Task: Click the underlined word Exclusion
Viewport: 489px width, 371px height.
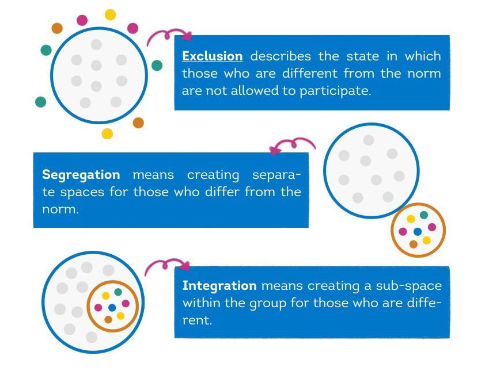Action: (x=213, y=56)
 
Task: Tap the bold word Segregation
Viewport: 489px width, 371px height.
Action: (x=81, y=175)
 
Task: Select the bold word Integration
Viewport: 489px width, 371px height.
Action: (x=219, y=286)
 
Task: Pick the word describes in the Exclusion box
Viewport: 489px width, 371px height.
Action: (x=280, y=56)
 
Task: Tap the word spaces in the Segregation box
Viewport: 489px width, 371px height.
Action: (x=82, y=193)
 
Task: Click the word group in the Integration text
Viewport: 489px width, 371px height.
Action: (x=268, y=303)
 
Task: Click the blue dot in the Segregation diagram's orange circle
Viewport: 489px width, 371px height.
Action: (x=418, y=231)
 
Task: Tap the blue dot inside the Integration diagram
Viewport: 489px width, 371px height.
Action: (x=112, y=308)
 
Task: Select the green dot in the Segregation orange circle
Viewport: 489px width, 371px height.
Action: (x=424, y=215)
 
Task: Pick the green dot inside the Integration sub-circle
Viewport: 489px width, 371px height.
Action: (x=118, y=292)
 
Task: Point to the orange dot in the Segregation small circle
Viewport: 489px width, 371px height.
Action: (x=414, y=244)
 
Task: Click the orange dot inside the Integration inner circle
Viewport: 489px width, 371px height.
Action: (x=108, y=320)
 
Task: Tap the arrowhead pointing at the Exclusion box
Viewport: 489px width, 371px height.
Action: (x=187, y=36)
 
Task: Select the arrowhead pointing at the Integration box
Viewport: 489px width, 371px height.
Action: (x=185, y=265)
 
